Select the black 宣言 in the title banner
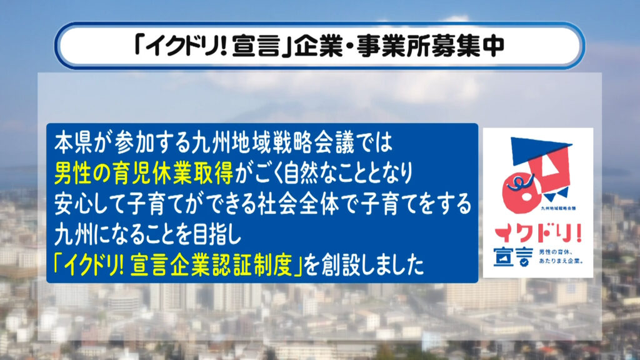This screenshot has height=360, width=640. [257, 46]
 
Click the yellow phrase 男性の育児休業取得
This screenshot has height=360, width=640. [144, 173]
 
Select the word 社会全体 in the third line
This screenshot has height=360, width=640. [298, 204]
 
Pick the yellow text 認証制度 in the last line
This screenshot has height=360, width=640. [253, 265]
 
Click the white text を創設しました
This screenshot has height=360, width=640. [364, 265]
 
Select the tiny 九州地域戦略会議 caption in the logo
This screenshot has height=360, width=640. [558, 208]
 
